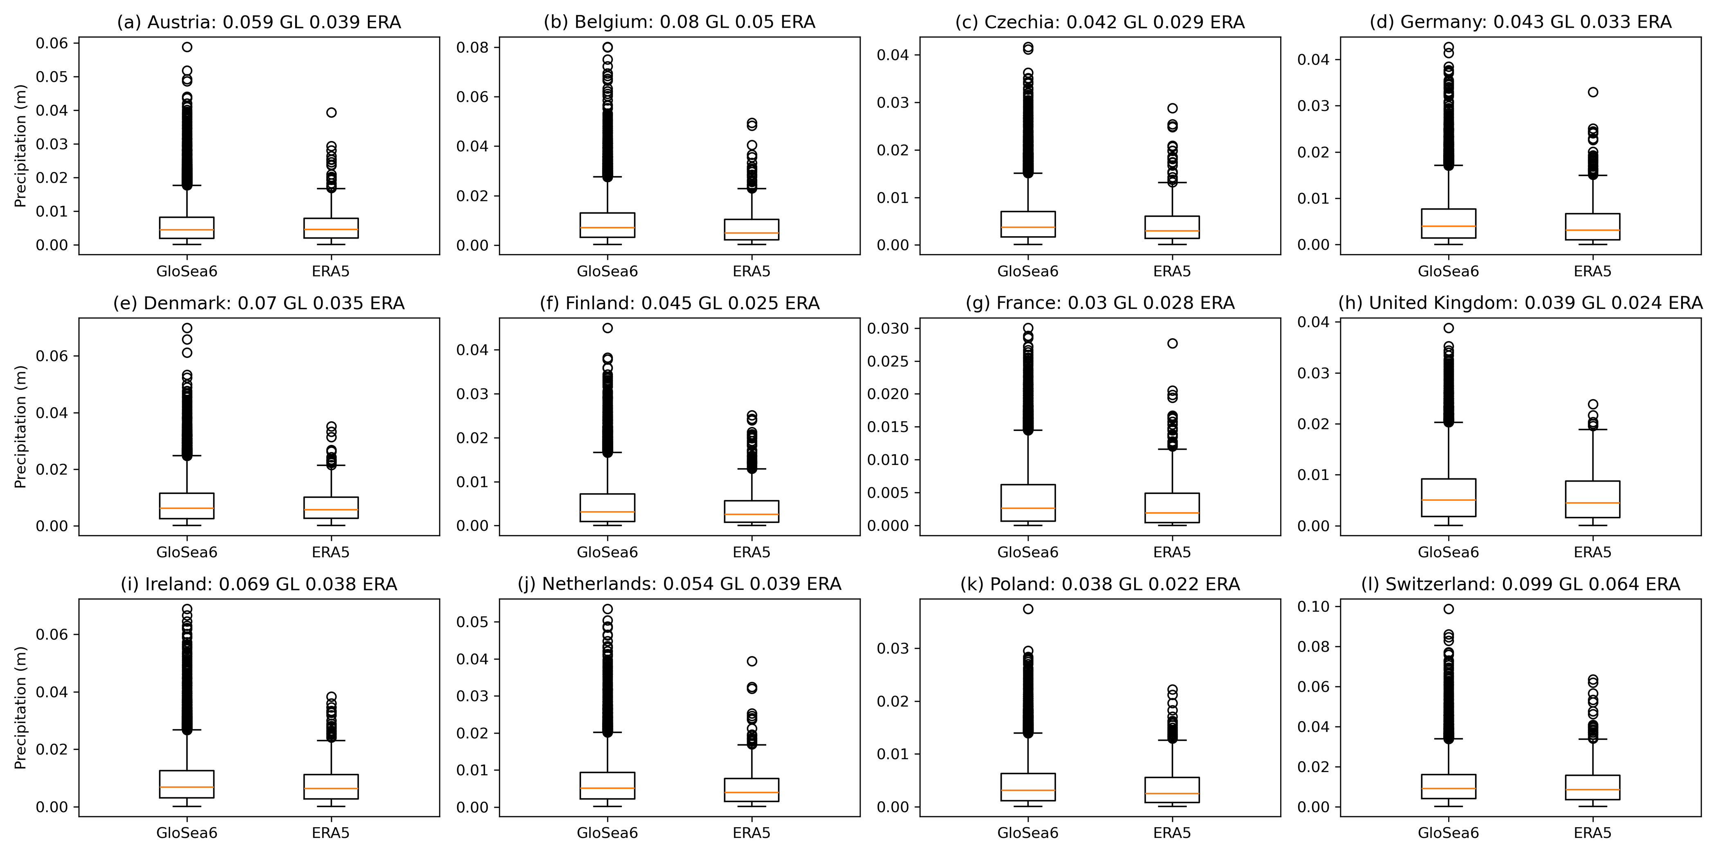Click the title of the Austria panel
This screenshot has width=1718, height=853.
pos(259,22)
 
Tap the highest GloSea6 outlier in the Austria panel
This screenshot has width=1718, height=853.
pos(187,47)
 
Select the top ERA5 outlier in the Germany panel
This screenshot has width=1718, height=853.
pos(1592,92)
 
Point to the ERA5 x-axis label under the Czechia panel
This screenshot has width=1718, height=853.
pos(1172,271)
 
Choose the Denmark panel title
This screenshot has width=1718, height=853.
pos(259,303)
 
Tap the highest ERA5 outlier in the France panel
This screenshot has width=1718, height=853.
pos(1172,343)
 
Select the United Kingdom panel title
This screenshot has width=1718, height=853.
pos(1520,303)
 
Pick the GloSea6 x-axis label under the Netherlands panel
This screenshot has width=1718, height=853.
pos(607,833)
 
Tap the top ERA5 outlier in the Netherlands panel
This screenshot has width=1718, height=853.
pos(751,661)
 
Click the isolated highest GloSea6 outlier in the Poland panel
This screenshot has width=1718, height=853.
pos(1028,608)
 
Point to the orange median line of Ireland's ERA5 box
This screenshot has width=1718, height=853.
pos(331,788)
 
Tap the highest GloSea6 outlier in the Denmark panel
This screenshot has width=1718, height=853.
pos(187,328)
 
